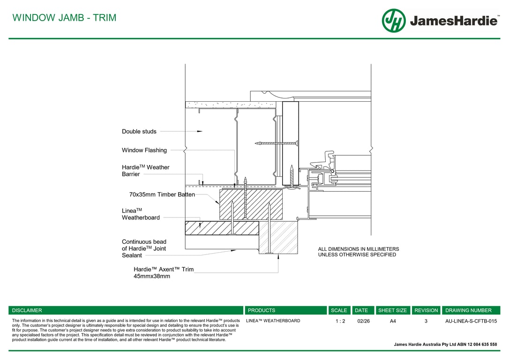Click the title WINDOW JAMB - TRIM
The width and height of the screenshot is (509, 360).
point(64,18)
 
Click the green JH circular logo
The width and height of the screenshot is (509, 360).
point(393,21)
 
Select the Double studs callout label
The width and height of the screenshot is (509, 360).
point(139,132)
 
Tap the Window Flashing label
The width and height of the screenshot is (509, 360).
point(144,150)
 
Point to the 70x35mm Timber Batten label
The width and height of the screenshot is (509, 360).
point(162,195)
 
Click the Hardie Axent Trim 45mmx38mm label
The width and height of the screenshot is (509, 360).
point(163,273)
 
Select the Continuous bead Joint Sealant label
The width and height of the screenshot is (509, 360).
point(144,248)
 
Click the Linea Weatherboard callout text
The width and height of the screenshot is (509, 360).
point(141,214)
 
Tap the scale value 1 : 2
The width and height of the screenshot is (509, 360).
point(340,321)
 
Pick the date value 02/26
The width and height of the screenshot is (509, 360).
point(363,321)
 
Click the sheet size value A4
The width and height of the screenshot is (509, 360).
point(393,321)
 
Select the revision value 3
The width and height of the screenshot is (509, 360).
point(426,321)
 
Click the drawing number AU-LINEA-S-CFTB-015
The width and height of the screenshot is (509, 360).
point(471,321)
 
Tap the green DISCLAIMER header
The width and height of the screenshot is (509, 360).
point(27,310)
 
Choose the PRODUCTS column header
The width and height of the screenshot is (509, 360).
point(262,310)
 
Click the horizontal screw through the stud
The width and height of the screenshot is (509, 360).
point(277,143)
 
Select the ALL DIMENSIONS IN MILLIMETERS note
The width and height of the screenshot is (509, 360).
point(359,249)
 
